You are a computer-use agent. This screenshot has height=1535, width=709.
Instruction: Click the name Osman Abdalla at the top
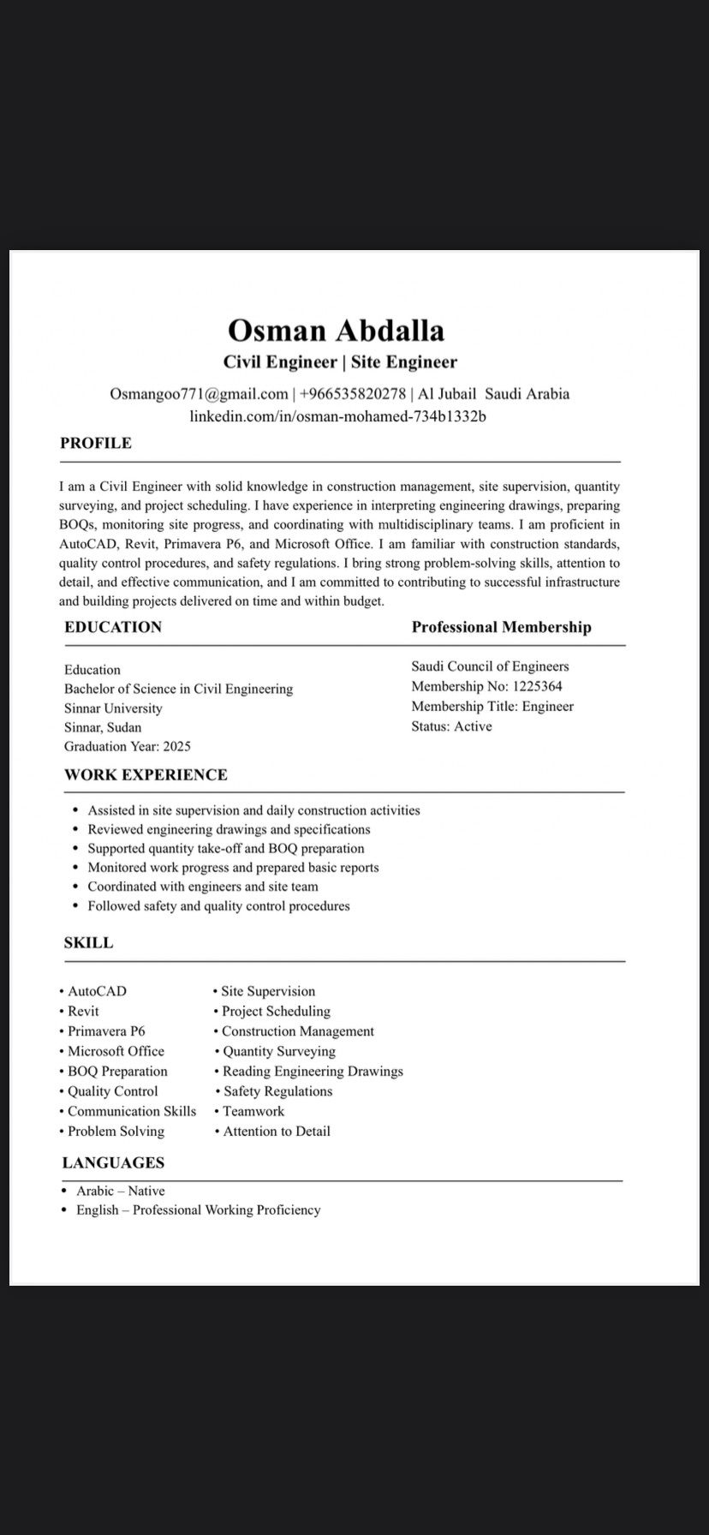point(336,331)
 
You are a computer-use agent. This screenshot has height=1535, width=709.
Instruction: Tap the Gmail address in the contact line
point(199,394)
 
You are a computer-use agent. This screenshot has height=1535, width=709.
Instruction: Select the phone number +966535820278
point(353,394)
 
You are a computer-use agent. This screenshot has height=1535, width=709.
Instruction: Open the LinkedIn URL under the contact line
point(337,416)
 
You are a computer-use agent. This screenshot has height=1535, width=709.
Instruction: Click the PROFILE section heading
point(96,443)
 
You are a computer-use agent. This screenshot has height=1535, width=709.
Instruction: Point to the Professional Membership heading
point(501,627)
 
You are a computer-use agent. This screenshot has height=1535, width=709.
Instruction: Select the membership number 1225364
point(537,686)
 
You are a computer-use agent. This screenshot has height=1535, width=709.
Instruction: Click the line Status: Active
point(451,726)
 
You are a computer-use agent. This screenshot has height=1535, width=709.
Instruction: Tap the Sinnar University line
point(113,708)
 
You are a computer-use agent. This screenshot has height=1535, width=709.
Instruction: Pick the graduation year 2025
point(176,747)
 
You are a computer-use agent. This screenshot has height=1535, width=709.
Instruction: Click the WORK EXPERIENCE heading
point(146,775)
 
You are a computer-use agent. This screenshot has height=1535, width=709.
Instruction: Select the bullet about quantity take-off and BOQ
point(226,849)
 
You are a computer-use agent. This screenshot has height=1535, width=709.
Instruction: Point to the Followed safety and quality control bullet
point(218,906)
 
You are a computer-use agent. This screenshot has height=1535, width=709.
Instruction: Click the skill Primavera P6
point(106,1031)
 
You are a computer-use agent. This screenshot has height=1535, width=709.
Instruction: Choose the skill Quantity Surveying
point(279,1052)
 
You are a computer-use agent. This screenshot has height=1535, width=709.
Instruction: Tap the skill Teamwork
point(253,1112)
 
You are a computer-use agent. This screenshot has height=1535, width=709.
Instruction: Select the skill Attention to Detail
point(277,1132)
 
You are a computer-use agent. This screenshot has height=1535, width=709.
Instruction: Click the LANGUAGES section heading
point(113,1163)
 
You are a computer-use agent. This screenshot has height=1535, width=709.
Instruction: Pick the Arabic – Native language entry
point(120,1192)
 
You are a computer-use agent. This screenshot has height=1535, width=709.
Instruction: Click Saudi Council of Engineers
point(490,666)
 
